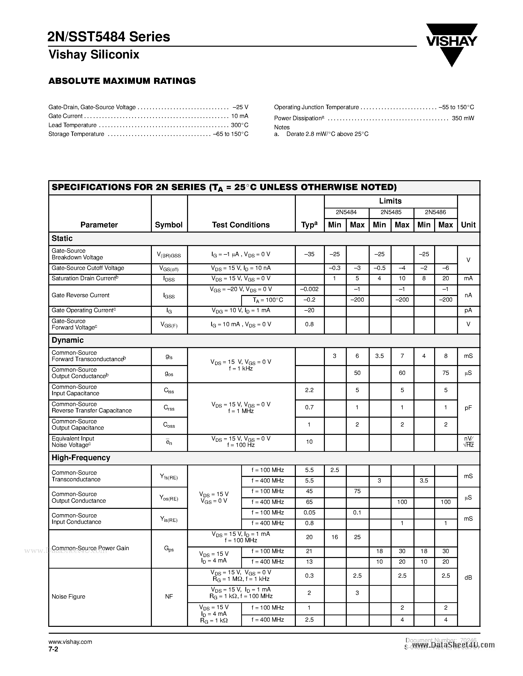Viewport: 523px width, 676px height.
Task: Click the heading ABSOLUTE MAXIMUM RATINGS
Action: click(x=122, y=81)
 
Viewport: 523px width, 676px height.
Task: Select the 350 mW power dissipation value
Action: click(x=463, y=118)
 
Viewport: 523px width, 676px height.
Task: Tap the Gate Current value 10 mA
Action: click(x=239, y=116)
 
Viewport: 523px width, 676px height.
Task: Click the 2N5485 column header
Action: click(x=391, y=212)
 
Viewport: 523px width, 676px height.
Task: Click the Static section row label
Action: click(x=62, y=239)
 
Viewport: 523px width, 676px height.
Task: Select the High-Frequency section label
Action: click(x=81, y=458)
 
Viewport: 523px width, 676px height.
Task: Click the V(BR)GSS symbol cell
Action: click(x=169, y=255)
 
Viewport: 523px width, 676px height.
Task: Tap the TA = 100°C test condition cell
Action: click(x=268, y=300)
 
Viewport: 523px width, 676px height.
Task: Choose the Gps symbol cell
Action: click(x=169, y=549)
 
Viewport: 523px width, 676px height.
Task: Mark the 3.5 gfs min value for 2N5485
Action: click(x=380, y=356)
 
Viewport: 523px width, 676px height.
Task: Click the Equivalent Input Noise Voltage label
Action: click(x=73, y=442)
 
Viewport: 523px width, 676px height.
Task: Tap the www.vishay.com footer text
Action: click(x=70, y=642)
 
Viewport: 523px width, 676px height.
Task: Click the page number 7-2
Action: click(x=53, y=649)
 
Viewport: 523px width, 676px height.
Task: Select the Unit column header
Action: click(x=468, y=225)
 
